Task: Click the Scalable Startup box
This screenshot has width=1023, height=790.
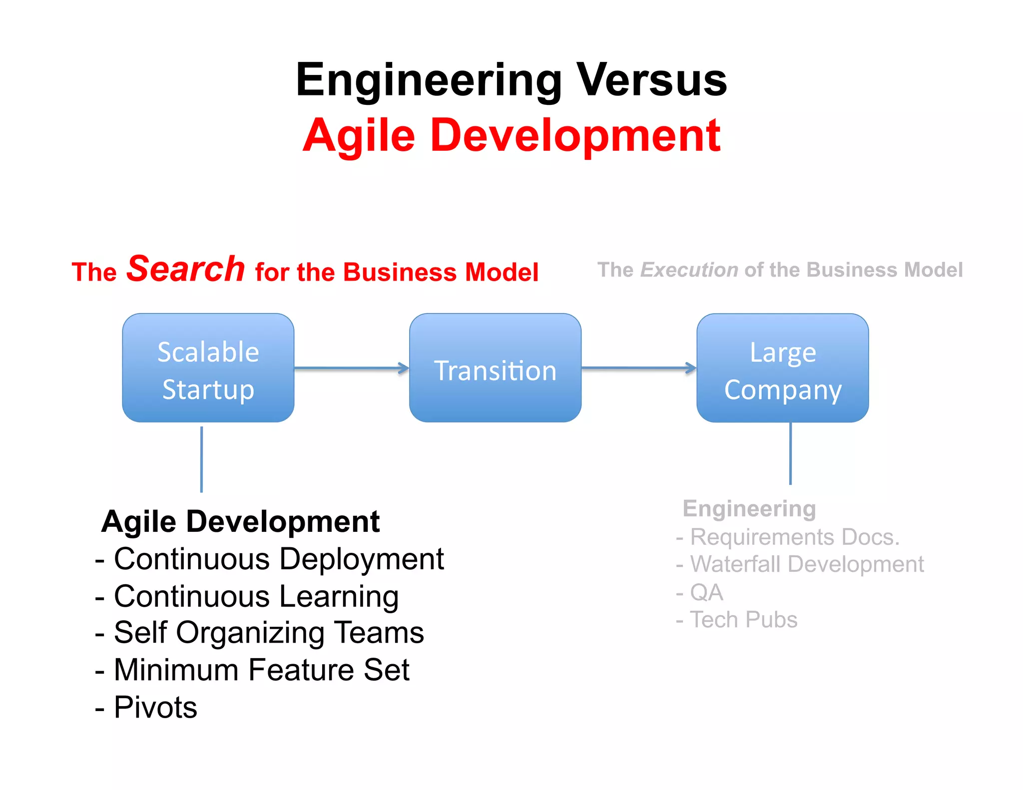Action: coord(208,368)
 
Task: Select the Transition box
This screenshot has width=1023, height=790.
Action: coord(495,368)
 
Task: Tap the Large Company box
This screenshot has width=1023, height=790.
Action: coord(782,368)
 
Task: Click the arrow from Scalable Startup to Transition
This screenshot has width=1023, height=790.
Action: coord(351,369)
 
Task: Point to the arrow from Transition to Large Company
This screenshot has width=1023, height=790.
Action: coord(638,369)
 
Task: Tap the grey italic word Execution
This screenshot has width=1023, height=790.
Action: coord(689,270)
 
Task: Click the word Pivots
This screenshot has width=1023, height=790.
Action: coord(155,707)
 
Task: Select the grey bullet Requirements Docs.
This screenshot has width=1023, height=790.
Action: coord(794,537)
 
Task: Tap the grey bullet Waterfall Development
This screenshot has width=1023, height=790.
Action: coord(807,564)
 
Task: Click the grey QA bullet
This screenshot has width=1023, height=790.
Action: coord(706,593)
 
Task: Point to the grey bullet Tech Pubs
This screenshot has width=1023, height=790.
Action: coord(743,620)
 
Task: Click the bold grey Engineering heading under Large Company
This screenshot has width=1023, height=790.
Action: coord(749,509)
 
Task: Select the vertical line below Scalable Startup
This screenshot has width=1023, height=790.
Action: coord(201,459)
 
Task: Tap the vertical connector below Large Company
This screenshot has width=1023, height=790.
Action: coord(790,453)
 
